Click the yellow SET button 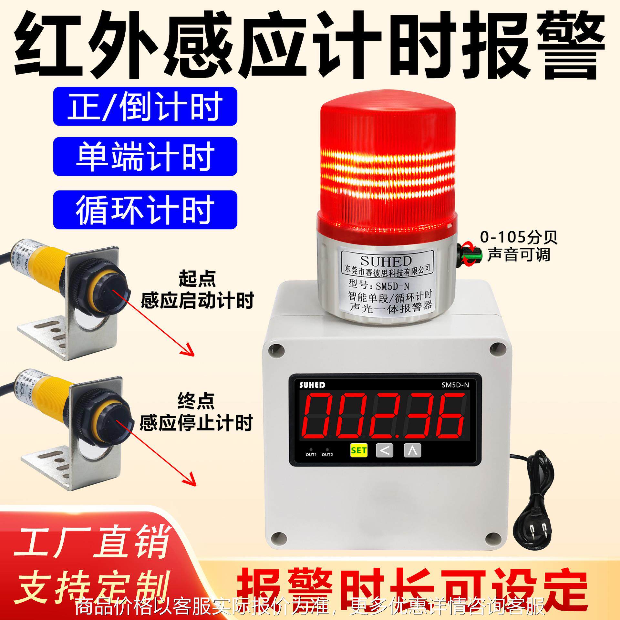tap(359, 450)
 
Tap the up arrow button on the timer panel tap(412, 450)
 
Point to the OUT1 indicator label tap(311, 455)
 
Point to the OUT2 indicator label tap(327, 455)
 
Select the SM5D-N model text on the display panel tap(455, 385)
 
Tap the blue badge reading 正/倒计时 tap(145, 106)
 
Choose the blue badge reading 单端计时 tap(145, 157)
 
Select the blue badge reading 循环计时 tap(145, 210)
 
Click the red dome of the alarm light tap(387, 155)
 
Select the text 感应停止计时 tap(196, 423)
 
